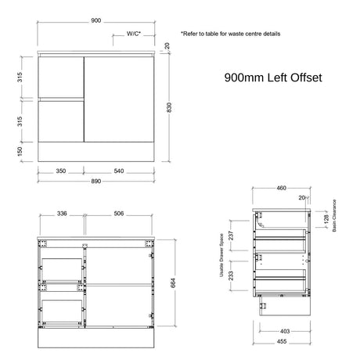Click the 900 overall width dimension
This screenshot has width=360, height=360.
[x=96, y=20]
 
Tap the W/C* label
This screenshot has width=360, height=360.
[x=134, y=34]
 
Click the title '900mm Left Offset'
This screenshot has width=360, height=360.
[x=273, y=77]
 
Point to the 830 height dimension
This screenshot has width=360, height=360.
[x=169, y=107]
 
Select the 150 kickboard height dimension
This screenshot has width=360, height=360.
[x=20, y=152]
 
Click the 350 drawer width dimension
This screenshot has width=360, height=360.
[x=61, y=171]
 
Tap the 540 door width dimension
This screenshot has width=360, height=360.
[x=119, y=171]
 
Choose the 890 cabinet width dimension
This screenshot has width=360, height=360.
[x=96, y=181]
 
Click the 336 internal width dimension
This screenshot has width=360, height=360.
[x=62, y=214]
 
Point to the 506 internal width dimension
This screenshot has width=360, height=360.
[x=119, y=214]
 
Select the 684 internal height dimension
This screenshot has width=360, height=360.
[x=173, y=283]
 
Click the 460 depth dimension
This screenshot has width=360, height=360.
[x=281, y=188]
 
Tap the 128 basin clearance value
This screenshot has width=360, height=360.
[x=326, y=219]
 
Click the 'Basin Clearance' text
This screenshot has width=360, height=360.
[x=334, y=215]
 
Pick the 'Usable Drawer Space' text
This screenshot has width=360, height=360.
[x=221, y=255]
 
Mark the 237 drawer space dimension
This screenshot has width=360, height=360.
[x=231, y=236]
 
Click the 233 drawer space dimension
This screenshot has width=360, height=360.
[x=231, y=275]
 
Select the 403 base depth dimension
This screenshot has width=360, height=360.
[x=285, y=331]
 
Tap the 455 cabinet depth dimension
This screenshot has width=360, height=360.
[x=282, y=341]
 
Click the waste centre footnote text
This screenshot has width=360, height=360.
[x=231, y=34]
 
